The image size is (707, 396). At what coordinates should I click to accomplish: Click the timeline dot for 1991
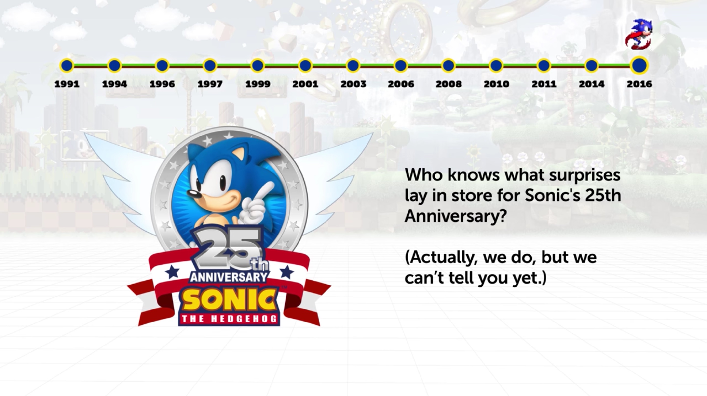coord(67,66)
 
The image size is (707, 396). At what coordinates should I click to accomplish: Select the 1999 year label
coord(258,84)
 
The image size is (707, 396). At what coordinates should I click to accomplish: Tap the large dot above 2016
coord(639,65)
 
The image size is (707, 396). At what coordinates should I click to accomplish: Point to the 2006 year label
coord(401,84)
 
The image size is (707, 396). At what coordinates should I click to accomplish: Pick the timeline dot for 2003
coord(353,66)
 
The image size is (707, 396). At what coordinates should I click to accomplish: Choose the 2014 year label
coord(591,84)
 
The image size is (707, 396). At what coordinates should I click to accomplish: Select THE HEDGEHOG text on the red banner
coord(229,319)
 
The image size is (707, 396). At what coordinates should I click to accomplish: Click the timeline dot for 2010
coord(496,66)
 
